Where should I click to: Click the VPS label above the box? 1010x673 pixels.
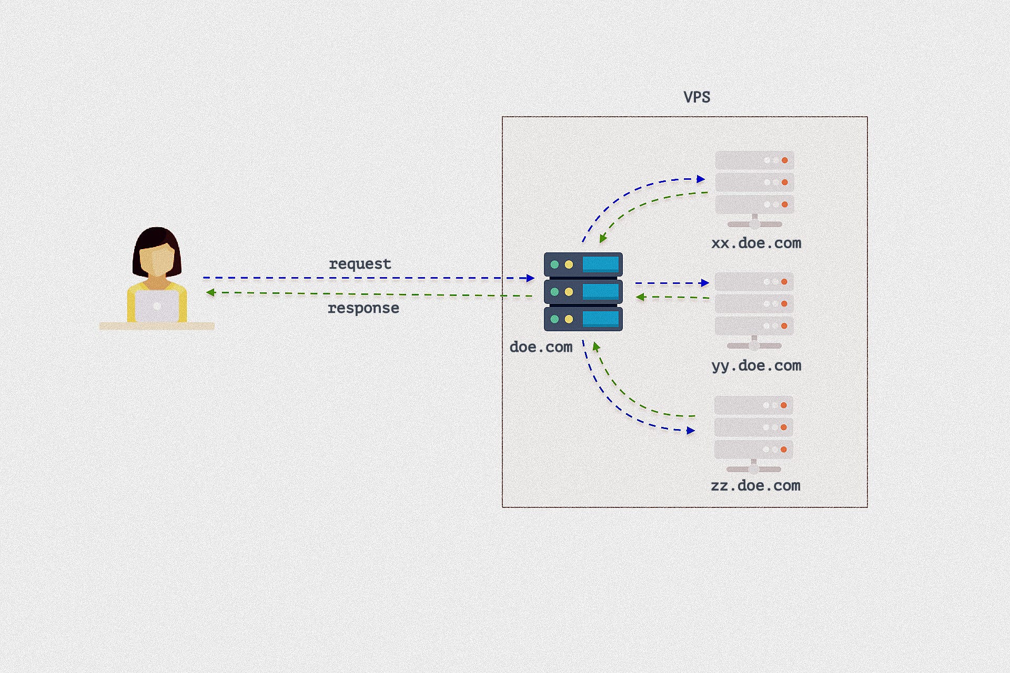point(697,97)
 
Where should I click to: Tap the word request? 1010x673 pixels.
point(360,263)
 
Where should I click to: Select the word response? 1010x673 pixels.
point(363,308)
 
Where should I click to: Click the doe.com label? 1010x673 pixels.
point(541,347)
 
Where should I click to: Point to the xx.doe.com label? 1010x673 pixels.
point(756,243)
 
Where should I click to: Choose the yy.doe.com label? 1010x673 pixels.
point(756,366)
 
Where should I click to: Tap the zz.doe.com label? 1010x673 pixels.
point(756,485)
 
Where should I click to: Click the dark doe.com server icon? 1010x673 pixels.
point(583,292)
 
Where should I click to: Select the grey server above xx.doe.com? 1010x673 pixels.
point(754,190)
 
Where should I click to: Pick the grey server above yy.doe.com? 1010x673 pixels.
point(754,311)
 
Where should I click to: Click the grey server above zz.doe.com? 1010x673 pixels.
point(754,434)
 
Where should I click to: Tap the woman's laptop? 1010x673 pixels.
point(157,306)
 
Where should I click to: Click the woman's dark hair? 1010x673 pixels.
point(157,250)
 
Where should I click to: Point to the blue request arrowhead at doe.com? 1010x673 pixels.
point(530,278)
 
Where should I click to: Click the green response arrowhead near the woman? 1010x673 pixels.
point(210,292)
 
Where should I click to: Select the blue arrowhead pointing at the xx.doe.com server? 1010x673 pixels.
point(701,179)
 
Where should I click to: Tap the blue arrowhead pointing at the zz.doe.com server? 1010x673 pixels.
point(691,431)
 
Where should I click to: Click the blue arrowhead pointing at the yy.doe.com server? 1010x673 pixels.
point(705,283)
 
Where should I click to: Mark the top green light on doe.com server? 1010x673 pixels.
point(554,264)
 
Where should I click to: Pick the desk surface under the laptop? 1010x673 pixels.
point(157,326)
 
